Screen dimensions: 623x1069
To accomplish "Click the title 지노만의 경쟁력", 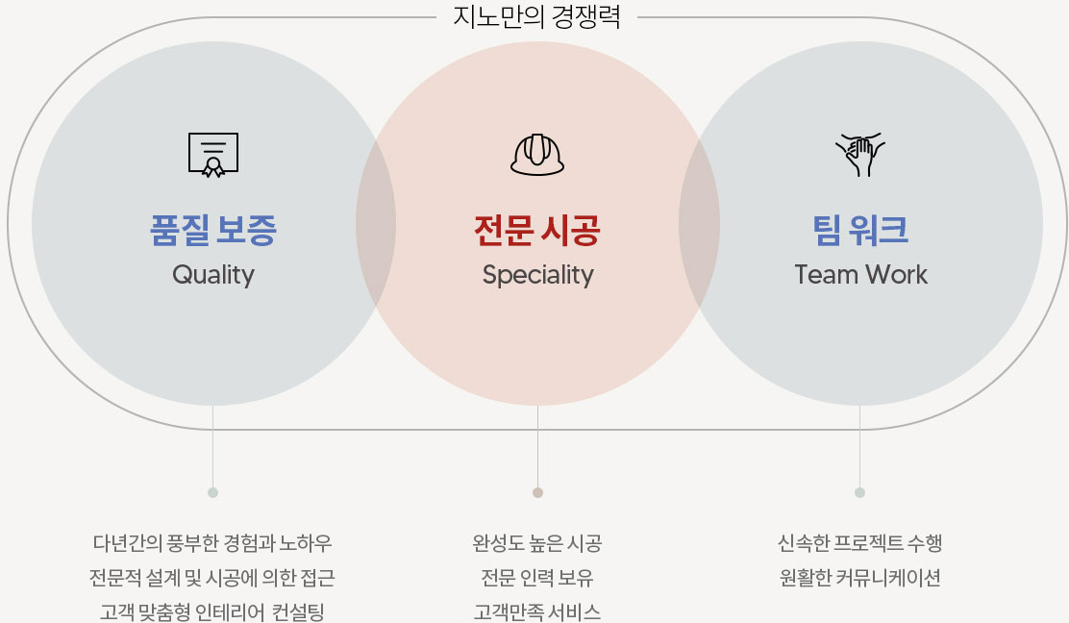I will pyautogui.click(x=536, y=17).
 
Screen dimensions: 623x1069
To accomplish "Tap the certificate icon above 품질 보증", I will pyautogui.click(x=213, y=155).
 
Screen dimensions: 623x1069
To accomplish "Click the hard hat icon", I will pyautogui.click(x=537, y=154).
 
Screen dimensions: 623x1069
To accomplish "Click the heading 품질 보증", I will pyautogui.click(x=213, y=230).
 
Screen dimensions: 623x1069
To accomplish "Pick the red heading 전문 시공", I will pyautogui.click(x=537, y=230).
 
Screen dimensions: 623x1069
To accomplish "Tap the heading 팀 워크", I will pyautogui.click(x=860, y=230).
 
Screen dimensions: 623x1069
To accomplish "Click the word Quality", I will pyautogui.click(x=213, y=275).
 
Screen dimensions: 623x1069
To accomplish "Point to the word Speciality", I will pyautogui.click(x=537, y=276).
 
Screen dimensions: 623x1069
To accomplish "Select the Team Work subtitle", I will pyautogui.click(x=860, y=275).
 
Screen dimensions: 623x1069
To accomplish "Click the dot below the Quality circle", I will pyautogui.click(x=212, y=492).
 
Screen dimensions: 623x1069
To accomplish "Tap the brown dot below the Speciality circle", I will pyautogui.click(x=537, y=492).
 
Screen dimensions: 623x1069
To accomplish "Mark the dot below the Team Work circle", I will pyautogui.click(x=859, y=492).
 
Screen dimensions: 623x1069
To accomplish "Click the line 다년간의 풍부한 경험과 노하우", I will pyautogui.click(x=212, y=543).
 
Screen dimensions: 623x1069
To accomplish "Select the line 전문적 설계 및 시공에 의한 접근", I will pyautogui.click(x=212, y=578).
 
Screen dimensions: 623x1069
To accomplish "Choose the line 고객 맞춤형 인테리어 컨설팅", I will pyautogui.click(x=212, y=611).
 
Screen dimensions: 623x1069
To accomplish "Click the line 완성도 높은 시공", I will pyautogui.click(x=537, y=543).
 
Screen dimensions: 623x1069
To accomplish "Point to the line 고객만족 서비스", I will pyautogui.click(x=537, y=611).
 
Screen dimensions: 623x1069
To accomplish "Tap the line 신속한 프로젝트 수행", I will pyautogui.click(x=859, y=543).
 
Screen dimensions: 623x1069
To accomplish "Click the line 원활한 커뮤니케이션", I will pyautogui.click(x=859, y=578).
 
